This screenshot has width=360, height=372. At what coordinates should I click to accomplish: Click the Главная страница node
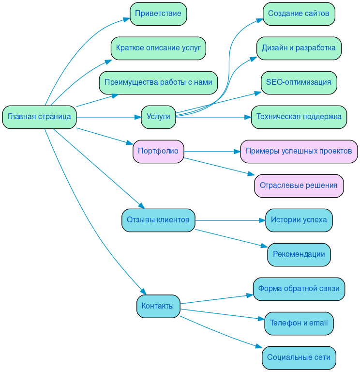39,117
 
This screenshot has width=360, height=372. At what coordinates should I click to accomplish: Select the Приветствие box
158,14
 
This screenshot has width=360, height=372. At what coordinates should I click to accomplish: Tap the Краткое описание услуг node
158,48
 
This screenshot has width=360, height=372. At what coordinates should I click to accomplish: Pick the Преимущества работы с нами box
158,82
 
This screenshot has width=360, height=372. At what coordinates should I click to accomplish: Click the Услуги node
158,117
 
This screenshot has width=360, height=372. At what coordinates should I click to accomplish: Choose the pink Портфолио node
158,151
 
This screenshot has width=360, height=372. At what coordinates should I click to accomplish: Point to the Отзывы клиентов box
158,220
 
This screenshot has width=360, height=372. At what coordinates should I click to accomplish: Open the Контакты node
158,306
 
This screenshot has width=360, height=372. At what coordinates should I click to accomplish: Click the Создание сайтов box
299,14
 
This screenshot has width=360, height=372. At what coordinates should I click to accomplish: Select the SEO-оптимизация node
299,82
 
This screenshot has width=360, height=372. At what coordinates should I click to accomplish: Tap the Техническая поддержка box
299,117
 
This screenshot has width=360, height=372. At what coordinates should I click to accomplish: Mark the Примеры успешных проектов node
299,151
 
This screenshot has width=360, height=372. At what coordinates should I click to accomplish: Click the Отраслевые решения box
299,186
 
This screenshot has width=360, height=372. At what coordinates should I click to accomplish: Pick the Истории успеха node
299,220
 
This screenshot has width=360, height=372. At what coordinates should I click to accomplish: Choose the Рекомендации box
299,254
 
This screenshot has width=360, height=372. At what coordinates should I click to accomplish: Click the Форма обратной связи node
299,289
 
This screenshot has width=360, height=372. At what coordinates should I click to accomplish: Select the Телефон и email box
299,323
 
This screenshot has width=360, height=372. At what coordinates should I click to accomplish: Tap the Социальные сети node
299,357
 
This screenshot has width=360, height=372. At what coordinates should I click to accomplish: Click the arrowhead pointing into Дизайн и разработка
253,59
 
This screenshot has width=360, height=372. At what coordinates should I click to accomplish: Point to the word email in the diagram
318,323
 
